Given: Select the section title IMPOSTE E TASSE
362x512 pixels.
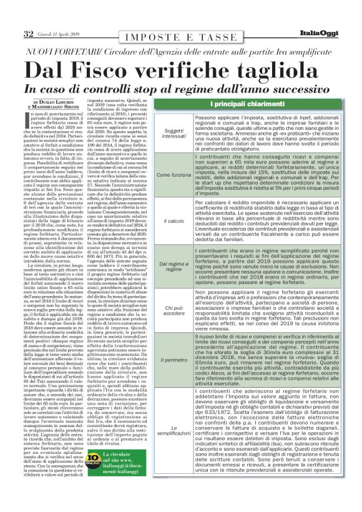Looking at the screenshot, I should pyautogui.click(x=180, y=36).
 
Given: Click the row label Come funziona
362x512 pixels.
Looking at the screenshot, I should pyautogui.click(x=174, y=175).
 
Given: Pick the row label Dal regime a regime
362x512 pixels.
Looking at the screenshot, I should pyautogui.click(x=174, y=267).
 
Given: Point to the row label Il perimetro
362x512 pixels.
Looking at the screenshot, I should pyautogui.click(x=174, y=360).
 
